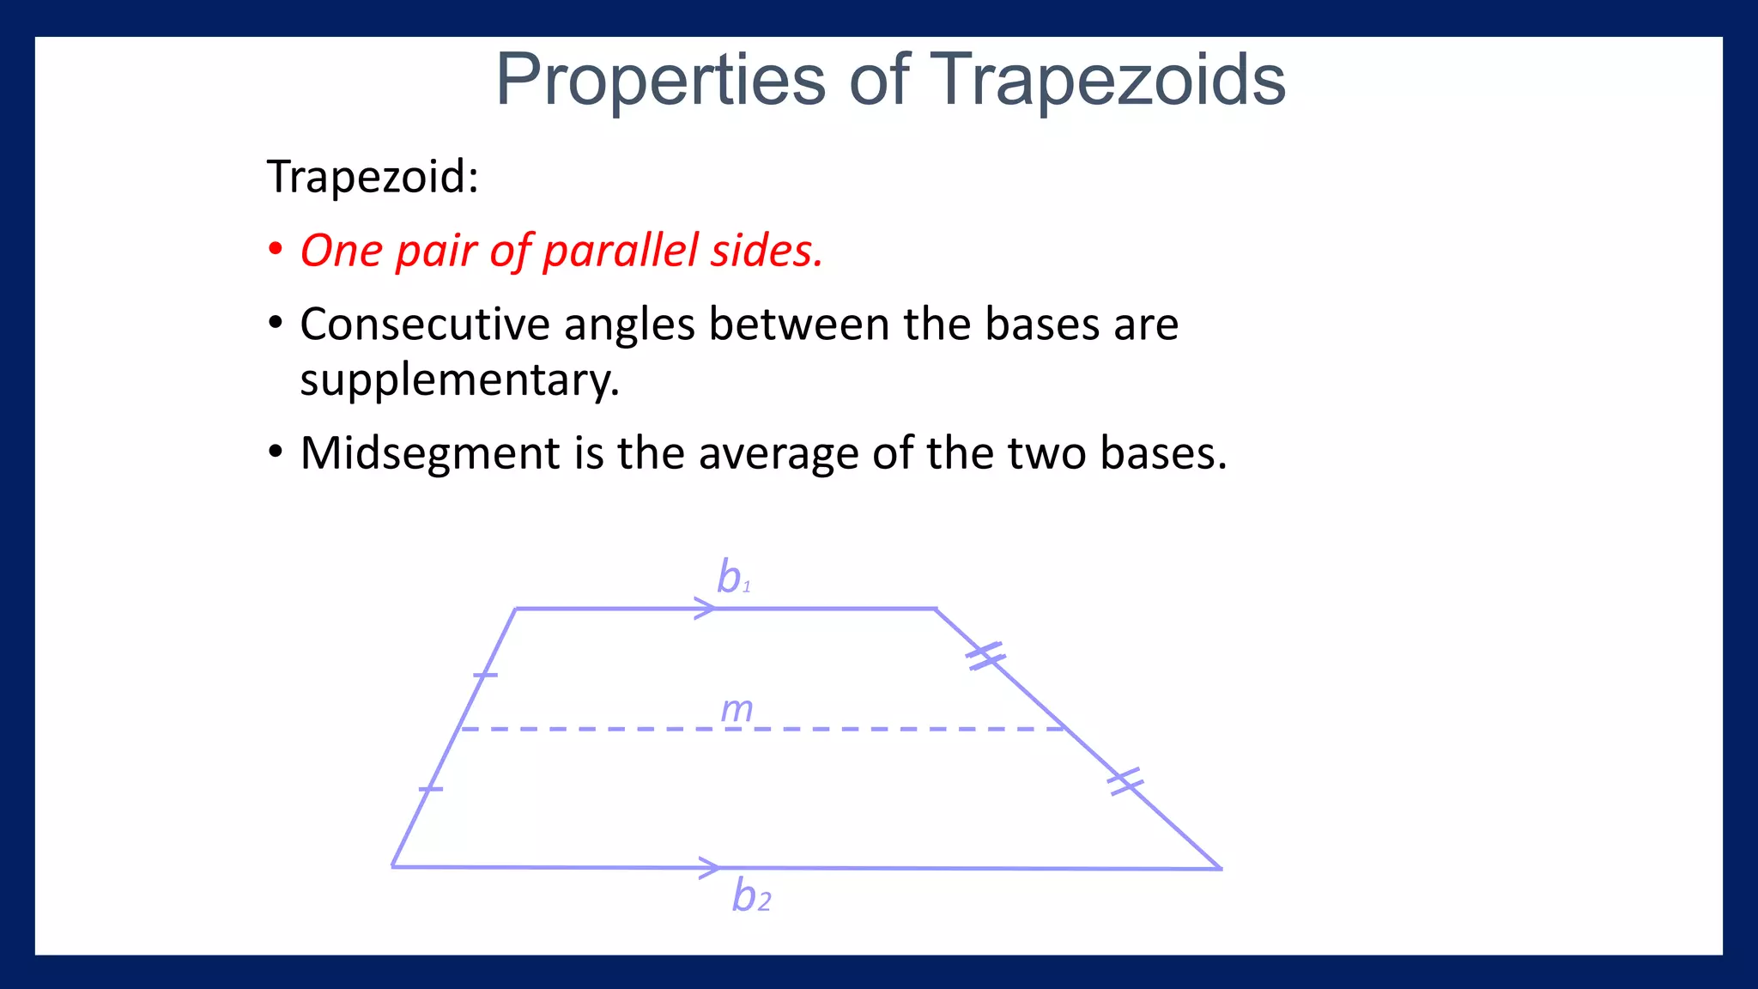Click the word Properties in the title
(x=661, y=80)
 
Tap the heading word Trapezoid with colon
(x=373, y=177)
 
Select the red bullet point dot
(x=275, y=250)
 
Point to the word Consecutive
(x=424, y=325)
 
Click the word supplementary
(x=458, y=379)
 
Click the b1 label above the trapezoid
(x=733, y=577)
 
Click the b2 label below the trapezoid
(x=751, y=896)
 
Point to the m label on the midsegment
(x=737, y=709)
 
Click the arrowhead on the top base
(x=706, y=609)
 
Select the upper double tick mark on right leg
(x=985, y=656)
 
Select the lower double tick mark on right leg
(x=1125, y=781)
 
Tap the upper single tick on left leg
(x=485, y=675)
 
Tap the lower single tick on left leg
(x=431, y=788)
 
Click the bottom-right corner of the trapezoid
(x=1220, y=868)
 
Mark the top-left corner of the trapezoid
(x=516, y=609)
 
